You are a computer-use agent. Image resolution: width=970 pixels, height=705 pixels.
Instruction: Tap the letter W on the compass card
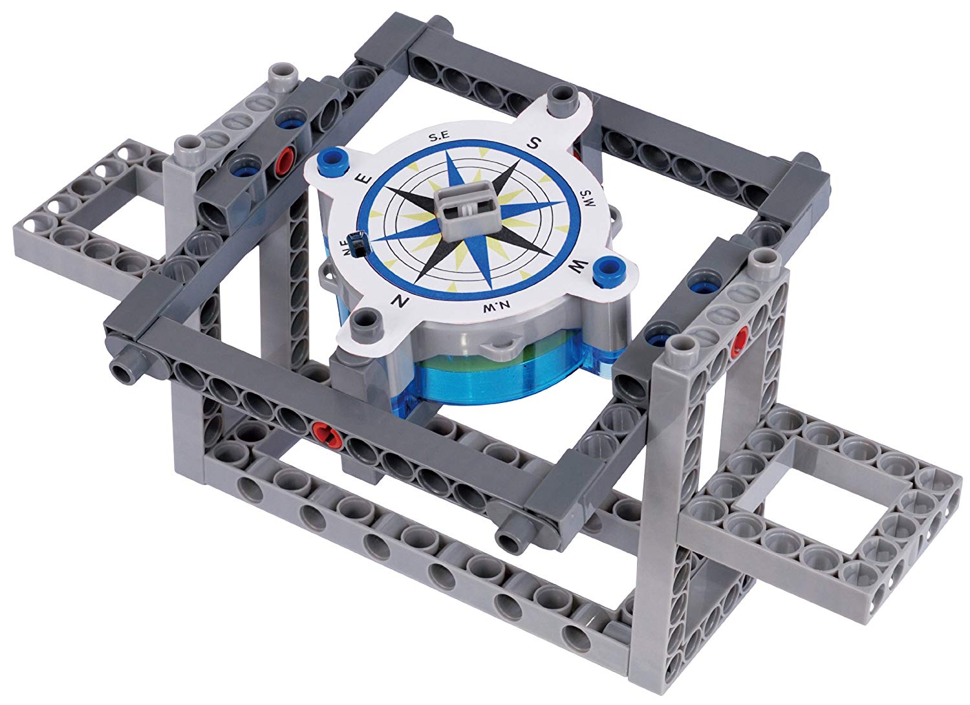[579, 265]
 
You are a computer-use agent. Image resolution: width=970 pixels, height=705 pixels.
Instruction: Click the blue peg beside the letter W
[606, 266]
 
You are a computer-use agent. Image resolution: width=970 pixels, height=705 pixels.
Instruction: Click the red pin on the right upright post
[742, 336]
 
